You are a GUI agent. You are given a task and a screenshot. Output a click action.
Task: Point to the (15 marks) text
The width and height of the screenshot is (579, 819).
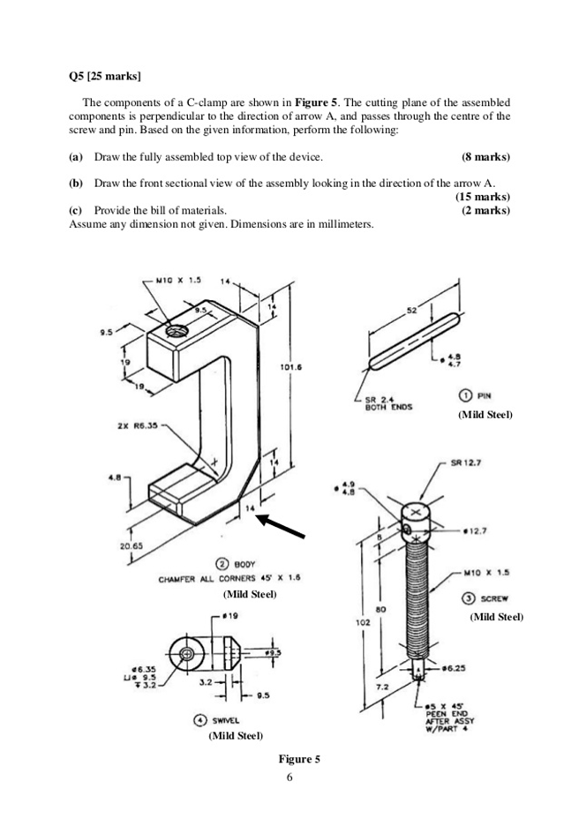(482, 197)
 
